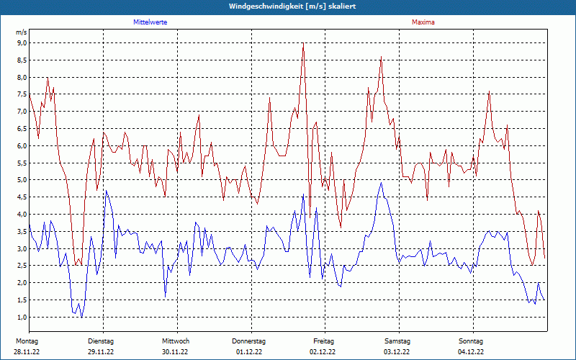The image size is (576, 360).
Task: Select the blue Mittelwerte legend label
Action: point(150,22)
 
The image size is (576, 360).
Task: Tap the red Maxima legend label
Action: point(423,22)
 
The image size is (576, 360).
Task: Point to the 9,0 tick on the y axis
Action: point(22,43)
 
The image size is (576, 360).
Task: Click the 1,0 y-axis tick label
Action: point(22,317)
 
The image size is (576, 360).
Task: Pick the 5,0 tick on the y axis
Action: point(22,180)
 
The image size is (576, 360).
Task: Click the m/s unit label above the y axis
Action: point(21,32)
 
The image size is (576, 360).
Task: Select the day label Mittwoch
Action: point(176,341)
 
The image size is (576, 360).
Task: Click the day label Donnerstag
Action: point(249,341)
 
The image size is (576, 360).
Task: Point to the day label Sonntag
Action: point(472,341)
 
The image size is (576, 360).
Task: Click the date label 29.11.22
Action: point(101,352)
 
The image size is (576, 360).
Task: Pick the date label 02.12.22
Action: point(324,352)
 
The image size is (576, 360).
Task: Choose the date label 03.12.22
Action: point(397,352)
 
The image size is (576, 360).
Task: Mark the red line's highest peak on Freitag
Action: point(303,46)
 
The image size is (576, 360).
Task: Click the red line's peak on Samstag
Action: point(381,57)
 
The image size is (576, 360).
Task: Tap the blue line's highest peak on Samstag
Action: point(381,183)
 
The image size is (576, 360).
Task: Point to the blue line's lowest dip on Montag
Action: point(81,317)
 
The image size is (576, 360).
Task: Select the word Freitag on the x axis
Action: point(324,341)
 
